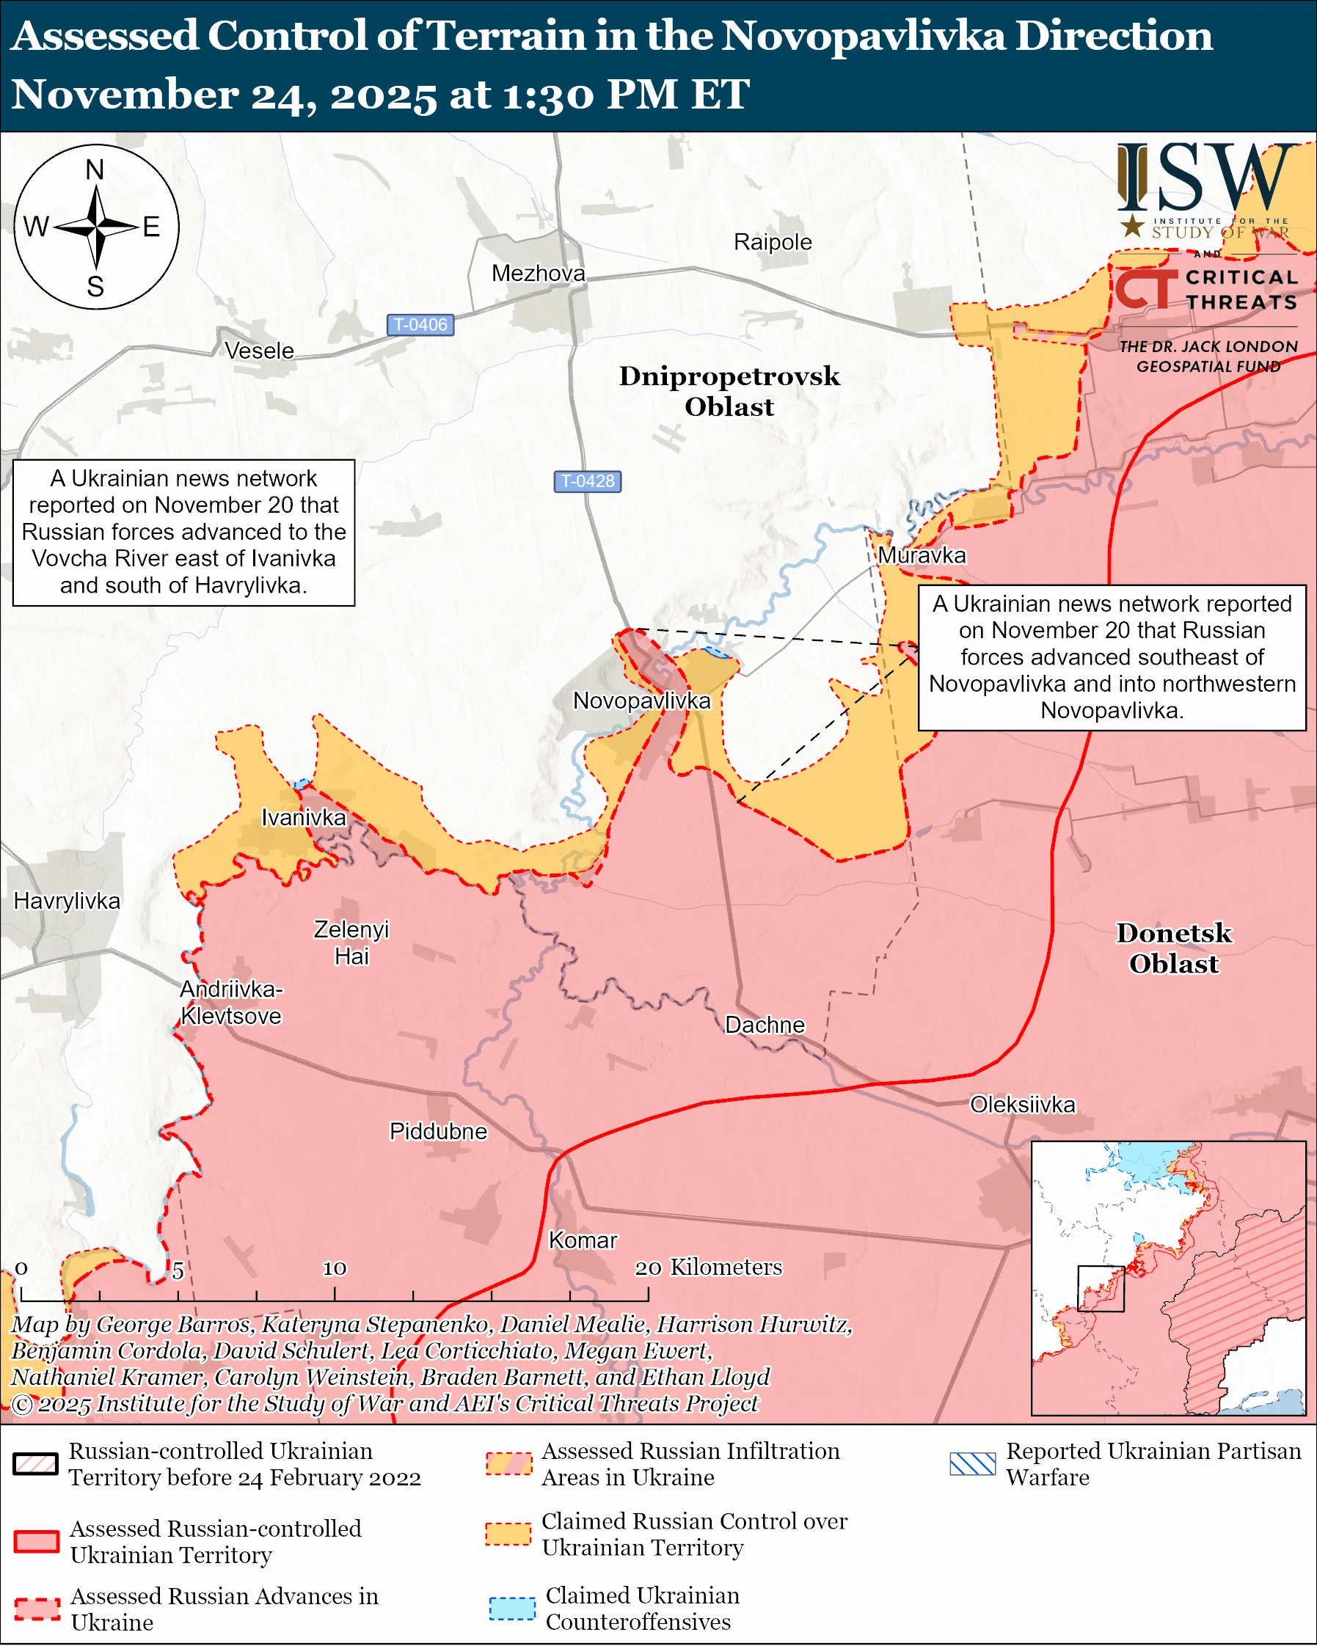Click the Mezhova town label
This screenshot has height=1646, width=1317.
[x=539, y=274]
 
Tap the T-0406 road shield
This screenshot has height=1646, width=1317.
[x=420, y=324]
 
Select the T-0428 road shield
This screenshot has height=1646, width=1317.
[x=587, y=481]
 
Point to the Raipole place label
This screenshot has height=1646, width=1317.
[x=773, y=242]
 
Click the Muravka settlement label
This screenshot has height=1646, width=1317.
[x=922, y=555]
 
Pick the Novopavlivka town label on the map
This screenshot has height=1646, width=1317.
[x=641, y=701]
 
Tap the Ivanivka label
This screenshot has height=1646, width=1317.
[x=303, y=818]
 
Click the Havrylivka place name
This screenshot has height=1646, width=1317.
[x=68, y=901]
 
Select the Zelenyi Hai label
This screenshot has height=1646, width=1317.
[x=351, y=943]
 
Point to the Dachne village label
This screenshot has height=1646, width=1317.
[x=765, y=1025]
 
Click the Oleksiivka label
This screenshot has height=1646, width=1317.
[x=1022, y=1105]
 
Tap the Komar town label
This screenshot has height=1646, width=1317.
[x=583, y=1240]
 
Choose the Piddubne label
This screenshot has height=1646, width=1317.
[x=437, y=1131]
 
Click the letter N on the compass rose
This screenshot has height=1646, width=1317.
[x=95, y=169]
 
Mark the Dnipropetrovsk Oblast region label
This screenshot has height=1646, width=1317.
[x=729, y=391]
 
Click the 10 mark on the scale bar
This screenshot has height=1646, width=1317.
[x=335, y=1268]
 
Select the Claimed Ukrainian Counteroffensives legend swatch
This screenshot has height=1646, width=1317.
[x=511, y=1608]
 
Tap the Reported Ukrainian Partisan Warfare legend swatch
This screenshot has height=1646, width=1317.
[x=973, y=1463]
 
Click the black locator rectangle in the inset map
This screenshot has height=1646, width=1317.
[x=1101, y=1289]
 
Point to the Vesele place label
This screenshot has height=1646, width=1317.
[x=260, y=351]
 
